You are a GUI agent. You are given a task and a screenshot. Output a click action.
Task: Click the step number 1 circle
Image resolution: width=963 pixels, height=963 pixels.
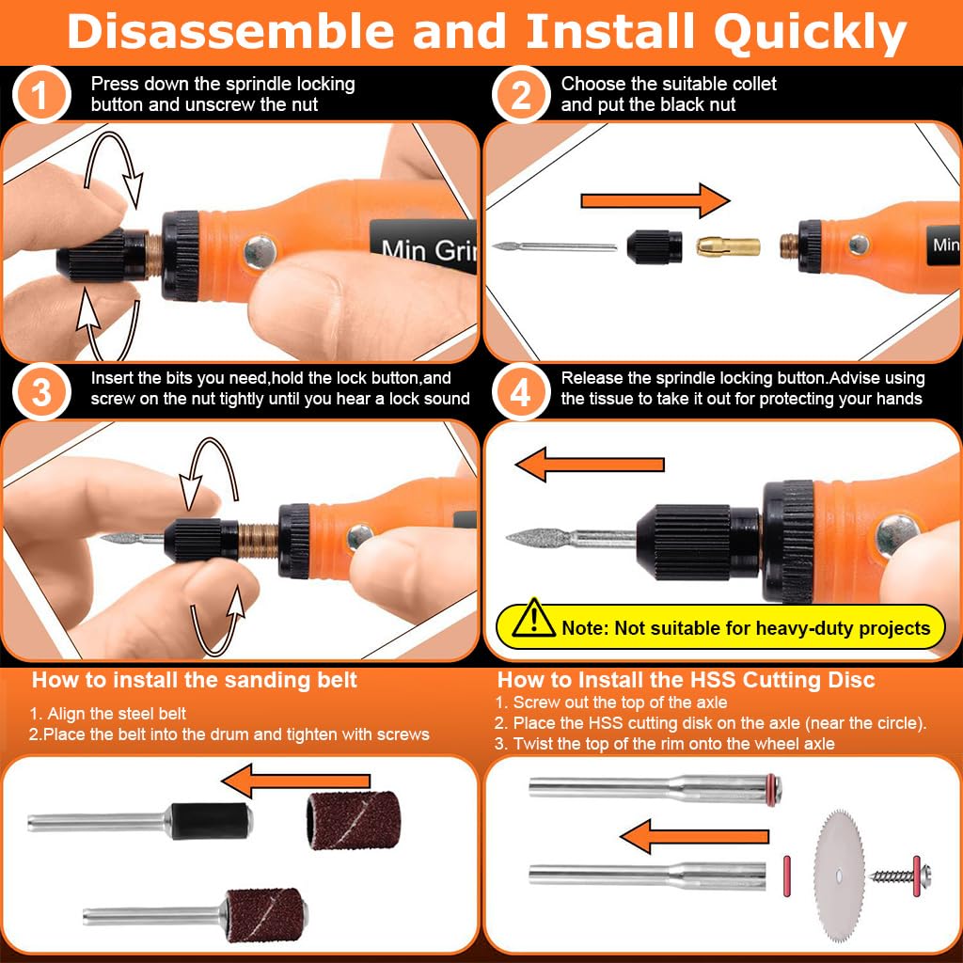click(41, 94)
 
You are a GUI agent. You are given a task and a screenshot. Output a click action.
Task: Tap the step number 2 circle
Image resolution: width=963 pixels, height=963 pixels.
click(521, 94)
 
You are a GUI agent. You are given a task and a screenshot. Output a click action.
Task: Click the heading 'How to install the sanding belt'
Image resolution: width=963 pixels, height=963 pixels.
click(195, 680)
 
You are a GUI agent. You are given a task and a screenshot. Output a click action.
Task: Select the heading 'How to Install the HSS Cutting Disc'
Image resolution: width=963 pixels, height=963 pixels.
click(686, 680)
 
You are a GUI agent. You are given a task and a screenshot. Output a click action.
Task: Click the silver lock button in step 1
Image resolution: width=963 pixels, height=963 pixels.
click(260, 252)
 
